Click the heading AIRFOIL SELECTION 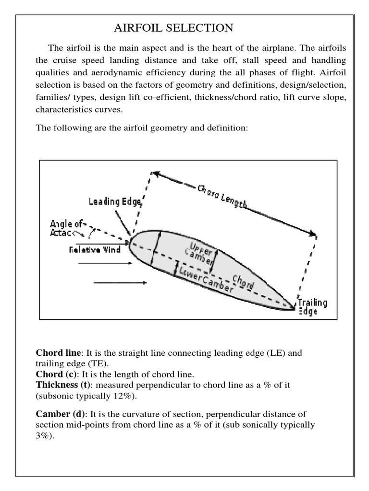click(173, 29)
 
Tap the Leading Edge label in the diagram click(114, 202)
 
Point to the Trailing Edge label click(312, 306)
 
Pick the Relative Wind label click(96, 249)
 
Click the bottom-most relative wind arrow click(120, 283)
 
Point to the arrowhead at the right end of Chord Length click(313, 234)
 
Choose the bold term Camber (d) click(58, 414)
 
